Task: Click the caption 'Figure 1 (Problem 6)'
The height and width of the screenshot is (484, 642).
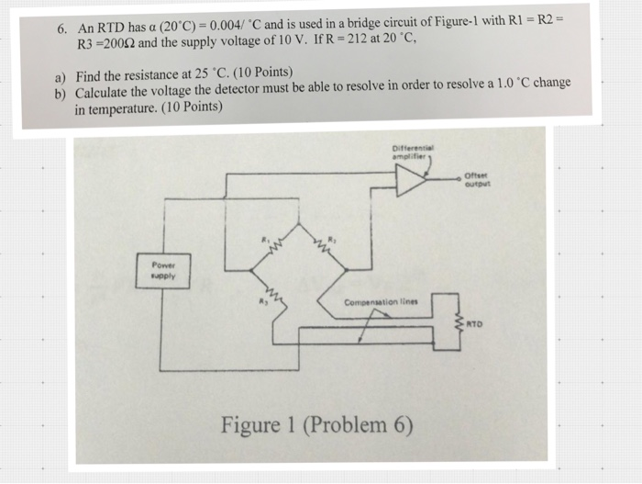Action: (x=316, y=425)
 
